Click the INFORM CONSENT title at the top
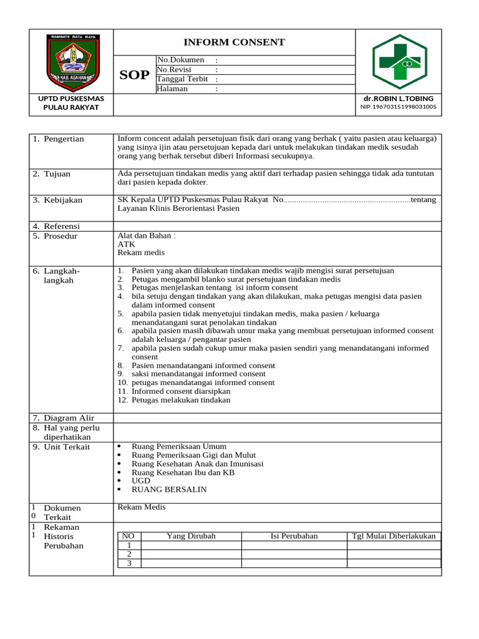click(234, 42)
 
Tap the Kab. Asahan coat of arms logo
click(71, 62)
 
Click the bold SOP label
click(134, 76)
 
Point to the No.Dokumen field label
click(181, 60)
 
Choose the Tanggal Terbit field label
click(182, 79)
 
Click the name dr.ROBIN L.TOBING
click(398, 99)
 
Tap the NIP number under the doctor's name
click(398, 107)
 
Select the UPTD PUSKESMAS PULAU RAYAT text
click(71, 103)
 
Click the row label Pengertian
click(64, 139)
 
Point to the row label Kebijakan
click(63, 200)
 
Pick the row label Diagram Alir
click(69, 417)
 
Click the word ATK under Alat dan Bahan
click(126, 245)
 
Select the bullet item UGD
click(141, 481)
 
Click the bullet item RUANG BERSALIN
click(169, 490)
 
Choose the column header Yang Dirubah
click(191, 536)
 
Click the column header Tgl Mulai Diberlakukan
click(394, 536)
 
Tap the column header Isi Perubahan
click(294, 536)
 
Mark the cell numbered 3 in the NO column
click(129, 563)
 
